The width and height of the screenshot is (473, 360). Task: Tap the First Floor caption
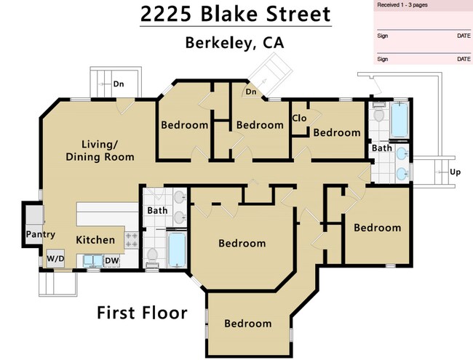(142, 313)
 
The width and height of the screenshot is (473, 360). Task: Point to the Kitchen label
(95, 239)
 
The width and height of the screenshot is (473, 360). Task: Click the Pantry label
(41, 234)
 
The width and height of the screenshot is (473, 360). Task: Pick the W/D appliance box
(55, 258)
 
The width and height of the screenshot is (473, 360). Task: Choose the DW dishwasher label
(112, 260)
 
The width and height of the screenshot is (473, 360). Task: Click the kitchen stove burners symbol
(132, 239)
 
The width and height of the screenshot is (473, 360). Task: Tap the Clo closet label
(298, 119)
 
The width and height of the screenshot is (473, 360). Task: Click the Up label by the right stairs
(456, 172)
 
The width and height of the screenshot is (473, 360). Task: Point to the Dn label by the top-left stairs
(119, 84)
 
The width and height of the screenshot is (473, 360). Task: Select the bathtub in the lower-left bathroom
(177, 249)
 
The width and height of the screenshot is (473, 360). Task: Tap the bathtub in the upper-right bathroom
(400, 120)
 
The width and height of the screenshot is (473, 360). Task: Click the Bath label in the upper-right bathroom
(382, 148)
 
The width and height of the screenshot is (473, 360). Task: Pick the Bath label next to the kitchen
(157, 211)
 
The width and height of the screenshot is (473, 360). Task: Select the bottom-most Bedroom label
(247, 324)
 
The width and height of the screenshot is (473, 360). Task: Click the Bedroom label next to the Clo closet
(337, 132)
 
